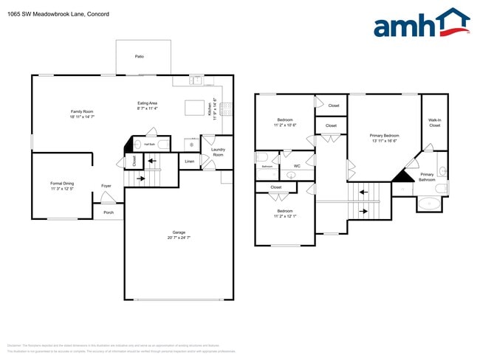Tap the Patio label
click(x=139, y=56)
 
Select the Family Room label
click(x=82, y=111)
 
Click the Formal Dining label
click(x=62, y=183)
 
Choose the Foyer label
click(x=106, y=186)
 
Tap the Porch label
click(x=109, y=212)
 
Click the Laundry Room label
click(x=218, y=153)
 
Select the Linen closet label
click(x=190, y=161)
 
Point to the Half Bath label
click(x=149, y=145)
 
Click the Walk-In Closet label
click(x=434, y=122)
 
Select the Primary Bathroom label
click(x=427, y=177)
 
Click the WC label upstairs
click(x=297, y=166)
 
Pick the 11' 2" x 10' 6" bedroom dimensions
click(x=285, y=125)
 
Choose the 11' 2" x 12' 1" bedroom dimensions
click(x=285, y=216)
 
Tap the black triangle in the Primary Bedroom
click(x=402, y=176)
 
